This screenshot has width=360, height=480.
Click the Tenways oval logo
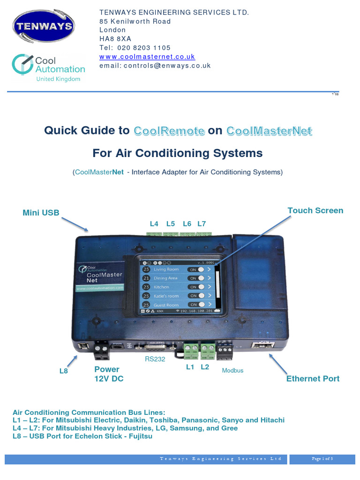[44, 26]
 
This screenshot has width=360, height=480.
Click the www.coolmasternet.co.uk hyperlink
[147, 57]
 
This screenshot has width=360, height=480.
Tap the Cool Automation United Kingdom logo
[48, 68]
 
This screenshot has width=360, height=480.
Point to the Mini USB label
[41, 213]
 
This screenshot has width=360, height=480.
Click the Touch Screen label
[315, 210]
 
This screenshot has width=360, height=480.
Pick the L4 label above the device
[154, 224]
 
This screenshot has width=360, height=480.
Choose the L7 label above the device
[202, 224]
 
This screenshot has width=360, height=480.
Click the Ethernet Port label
[313, 378]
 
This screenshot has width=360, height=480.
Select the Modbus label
[232, 370]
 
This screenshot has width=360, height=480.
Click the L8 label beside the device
[64, 371]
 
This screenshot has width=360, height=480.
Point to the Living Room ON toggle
[197, 270]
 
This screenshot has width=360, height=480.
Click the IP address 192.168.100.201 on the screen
[196, 311]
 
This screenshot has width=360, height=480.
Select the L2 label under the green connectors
[205, 367]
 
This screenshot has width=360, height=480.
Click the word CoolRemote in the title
[169, 131]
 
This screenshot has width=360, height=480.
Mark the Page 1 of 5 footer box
[322, 459]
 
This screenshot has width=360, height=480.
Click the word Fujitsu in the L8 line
[137, 436]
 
